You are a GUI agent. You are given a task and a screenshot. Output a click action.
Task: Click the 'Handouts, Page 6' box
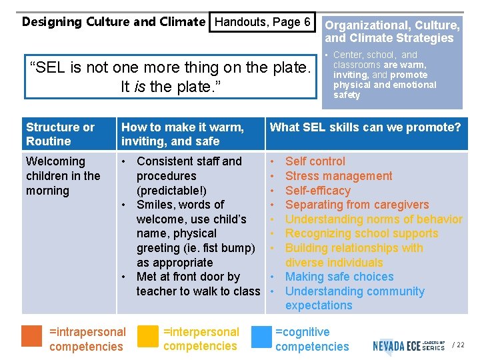tap(263, 22)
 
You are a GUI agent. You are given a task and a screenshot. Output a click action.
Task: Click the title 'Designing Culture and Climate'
tap(113, 22)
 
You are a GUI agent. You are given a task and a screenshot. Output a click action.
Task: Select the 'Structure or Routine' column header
tap(60, 134)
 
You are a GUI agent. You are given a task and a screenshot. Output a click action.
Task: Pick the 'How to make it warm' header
tap(183, 134)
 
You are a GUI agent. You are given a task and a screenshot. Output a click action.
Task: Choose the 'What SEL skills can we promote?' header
tap(365, 127)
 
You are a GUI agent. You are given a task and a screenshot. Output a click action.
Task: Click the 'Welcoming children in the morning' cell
tap(63, 176)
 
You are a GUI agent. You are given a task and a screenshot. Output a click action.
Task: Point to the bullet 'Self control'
tap(315, 161)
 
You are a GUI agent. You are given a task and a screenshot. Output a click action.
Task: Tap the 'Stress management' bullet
tap(339, 176)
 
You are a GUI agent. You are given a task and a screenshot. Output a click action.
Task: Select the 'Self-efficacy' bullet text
tap(317, 191)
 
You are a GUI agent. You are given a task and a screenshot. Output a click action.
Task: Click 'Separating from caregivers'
tap(357, 205)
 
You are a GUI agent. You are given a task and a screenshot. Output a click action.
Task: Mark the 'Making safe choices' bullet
tap(339, 277)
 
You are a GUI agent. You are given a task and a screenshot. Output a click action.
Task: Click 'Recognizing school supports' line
tap(361, 233)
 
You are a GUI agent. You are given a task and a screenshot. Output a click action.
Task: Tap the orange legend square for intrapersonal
tap(32, 336)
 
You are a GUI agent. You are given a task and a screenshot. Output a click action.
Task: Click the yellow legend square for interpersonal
tap(147, 336)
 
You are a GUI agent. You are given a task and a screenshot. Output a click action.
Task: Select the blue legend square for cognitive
tap(260, 336)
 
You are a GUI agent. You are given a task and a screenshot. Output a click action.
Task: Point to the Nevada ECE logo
tap(409, 345)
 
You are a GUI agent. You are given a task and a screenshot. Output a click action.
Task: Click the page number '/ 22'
tap(458, 345)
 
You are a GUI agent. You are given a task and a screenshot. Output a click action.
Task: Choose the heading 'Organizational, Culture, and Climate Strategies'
tap(392, 32)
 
